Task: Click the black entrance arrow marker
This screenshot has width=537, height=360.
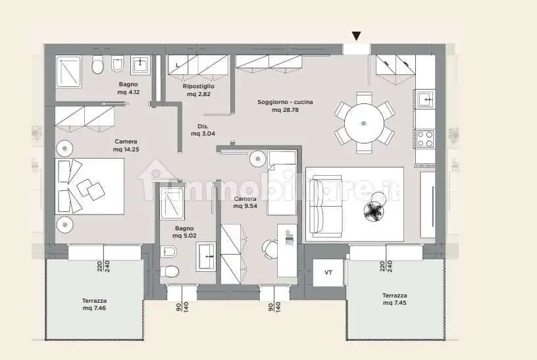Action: (x=357, y=36)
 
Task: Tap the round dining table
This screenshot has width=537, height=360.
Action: (x=364, y=123)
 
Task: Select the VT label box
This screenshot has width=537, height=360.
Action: (x=328, y=272)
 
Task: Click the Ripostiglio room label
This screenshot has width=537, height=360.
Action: (x=199, y=86)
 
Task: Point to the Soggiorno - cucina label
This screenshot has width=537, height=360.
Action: (x=285, y=102)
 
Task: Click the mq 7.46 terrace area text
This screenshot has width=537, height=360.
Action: (x=94, y=308)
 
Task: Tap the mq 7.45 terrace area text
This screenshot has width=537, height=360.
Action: (x=395, y=303)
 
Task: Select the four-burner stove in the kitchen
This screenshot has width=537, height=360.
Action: (x=425, y=139)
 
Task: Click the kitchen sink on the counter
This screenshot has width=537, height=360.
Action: (x=425, y=99)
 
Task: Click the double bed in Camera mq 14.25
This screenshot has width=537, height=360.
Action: (x=89, y=186)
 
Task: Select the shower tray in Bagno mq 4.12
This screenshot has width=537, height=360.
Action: (x=68, y=72)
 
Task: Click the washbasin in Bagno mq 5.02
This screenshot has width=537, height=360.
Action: (x=206, y=256)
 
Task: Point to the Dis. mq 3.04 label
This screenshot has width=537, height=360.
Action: (x=203, y=130)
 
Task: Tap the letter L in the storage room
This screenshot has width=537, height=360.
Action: (x=178, y=65)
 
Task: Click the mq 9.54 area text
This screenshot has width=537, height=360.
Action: (x=245, y=206)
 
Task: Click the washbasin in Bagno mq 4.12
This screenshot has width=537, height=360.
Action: (x=141, y=64)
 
